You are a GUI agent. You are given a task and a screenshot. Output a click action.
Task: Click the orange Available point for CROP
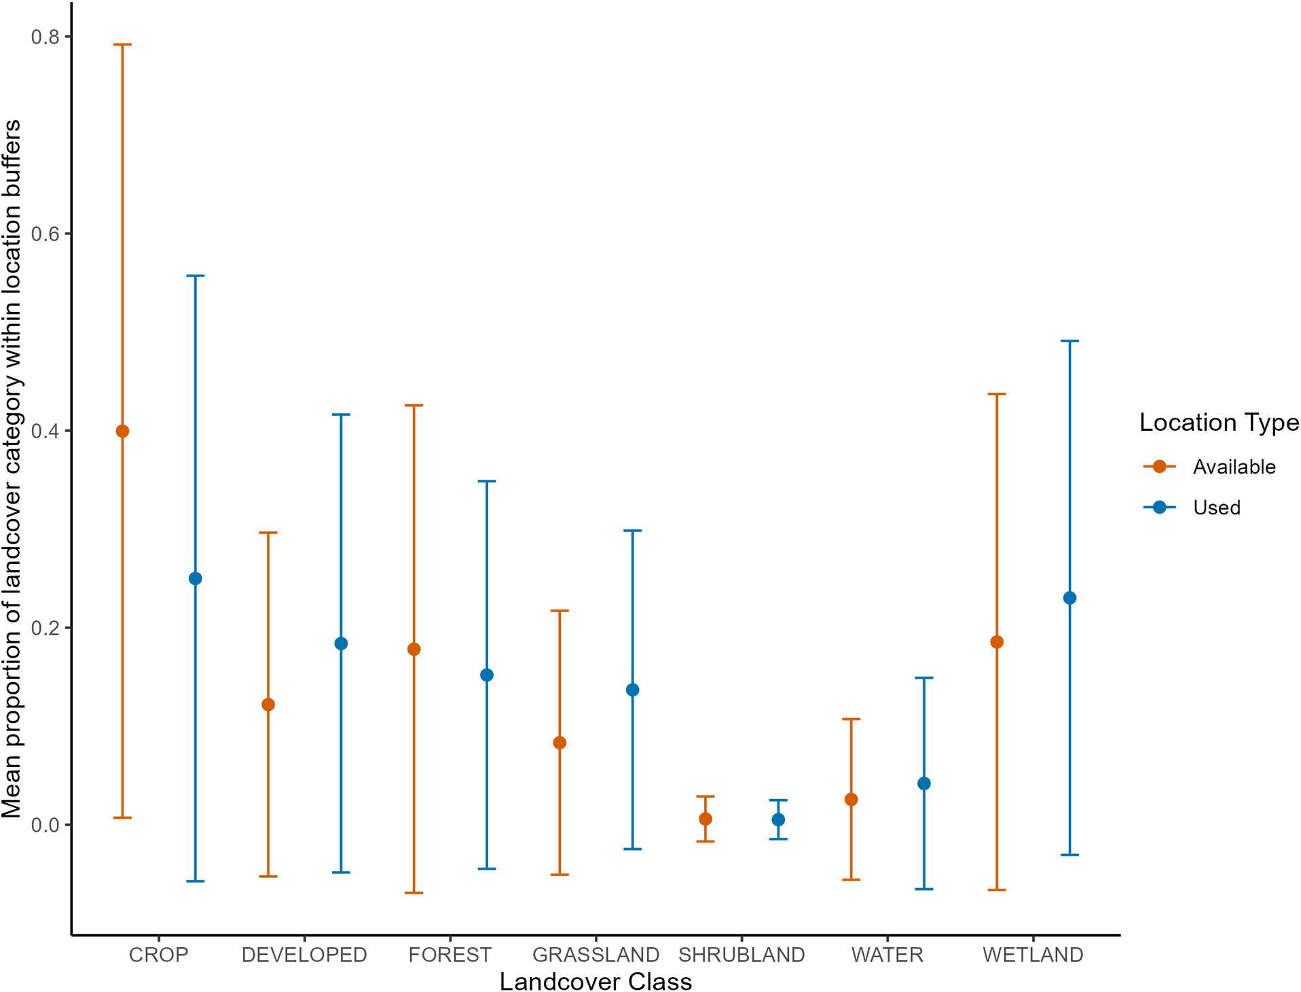click(122, 431)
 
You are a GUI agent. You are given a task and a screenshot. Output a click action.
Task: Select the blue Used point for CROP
click(196, 578)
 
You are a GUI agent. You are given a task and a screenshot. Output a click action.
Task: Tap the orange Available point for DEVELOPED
click(268, 705)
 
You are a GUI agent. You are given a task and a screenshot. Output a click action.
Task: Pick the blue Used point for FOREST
click(487, 675)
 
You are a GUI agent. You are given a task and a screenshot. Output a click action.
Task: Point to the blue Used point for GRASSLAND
click(633, 690)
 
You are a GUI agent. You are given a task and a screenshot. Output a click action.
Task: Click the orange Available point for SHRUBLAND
click(706, 819)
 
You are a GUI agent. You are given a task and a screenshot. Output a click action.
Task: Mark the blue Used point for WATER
click(924, 783)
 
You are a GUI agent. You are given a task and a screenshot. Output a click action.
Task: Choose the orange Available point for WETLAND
click(997, 642)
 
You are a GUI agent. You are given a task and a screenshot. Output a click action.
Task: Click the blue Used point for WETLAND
click(1070, 598)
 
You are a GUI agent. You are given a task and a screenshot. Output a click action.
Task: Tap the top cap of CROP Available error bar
click(122, 45)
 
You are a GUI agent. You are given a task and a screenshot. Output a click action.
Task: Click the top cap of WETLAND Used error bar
click(1070, 341)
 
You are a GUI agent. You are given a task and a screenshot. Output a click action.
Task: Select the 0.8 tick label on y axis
click(45, 37)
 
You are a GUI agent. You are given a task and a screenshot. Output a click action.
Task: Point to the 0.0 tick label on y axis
click(45, 825)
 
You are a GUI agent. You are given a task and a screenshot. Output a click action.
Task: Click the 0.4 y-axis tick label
click(45, 431)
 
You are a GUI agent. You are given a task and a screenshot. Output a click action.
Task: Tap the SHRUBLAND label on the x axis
click(741, 955)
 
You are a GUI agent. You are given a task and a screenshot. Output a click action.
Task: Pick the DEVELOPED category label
click(304, 955)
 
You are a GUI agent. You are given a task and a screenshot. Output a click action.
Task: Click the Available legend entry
click(1234, 467)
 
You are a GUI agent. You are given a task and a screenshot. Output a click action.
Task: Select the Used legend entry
click(1216, 508)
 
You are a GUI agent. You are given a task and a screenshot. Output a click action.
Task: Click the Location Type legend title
click(1219, 423)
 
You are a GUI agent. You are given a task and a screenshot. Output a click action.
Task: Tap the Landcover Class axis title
click(595, 982)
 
